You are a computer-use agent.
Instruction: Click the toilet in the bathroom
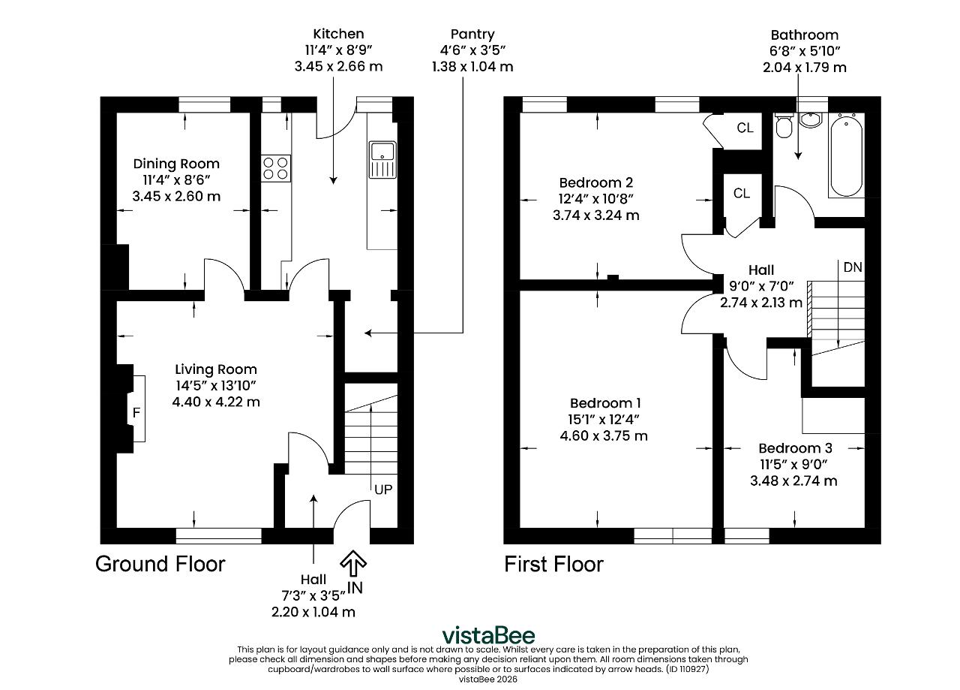pyautogui.click(x=784, y=125)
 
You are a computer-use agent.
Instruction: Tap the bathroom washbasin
pyautogui.click(x=811, y=120)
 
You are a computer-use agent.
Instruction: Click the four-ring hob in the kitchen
pyautogui.click(x=275, y=168)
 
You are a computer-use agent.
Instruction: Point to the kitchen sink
pyautogui.click(x=382, y=160)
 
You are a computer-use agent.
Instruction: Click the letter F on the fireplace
pyautogui.click(x=136, y=412)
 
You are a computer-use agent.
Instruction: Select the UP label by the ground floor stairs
pyautogui.click(x=383, y=490)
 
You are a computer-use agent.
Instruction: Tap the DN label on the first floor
pyautogui.click(x=853, y=267)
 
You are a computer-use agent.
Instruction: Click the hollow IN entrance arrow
pyautogui.click(x=353, y=563)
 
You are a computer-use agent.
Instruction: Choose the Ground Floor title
pyautogui.click(x=160, y=564)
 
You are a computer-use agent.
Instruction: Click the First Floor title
pyautogui.click(x=553, y=564)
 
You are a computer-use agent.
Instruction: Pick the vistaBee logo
pyautogui.click(x=488, y=635)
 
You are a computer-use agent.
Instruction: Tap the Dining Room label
pyautogui.click(x=176, y=164)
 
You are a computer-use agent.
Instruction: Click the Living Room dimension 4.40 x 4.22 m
pyautogui.click(x=216, y=402)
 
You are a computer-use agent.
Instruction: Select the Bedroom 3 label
pyautogui.click(x=796, y=448)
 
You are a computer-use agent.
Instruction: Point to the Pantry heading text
pyautogui.click(x=472, y=35)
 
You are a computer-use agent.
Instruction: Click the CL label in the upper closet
pyautogui.click(x=745, y=128)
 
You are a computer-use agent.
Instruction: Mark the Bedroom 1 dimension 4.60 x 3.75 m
pyautogui.click(x=604, y=436)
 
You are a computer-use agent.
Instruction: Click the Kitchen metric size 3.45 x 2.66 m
pyautogui.click(x=338, y=67)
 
